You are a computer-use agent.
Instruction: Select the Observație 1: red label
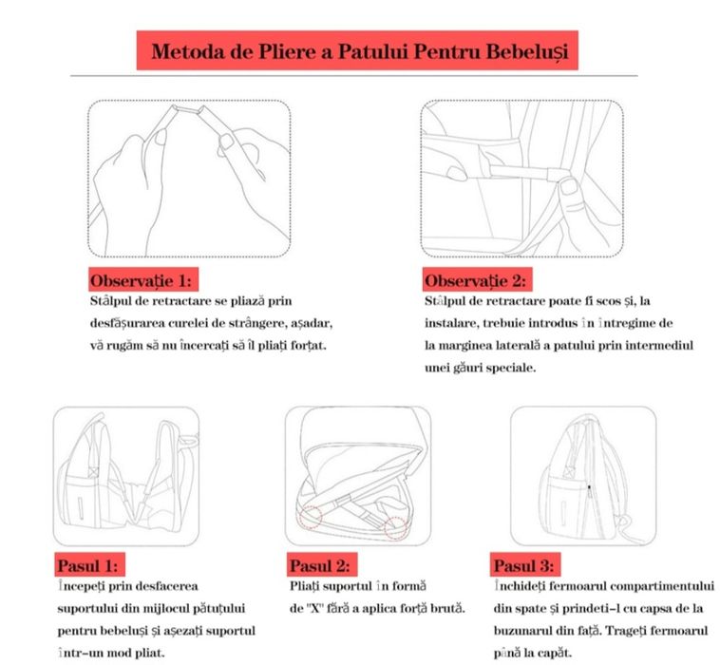click(x=141, y=281)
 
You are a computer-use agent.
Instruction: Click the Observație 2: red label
click(x=474, y=281)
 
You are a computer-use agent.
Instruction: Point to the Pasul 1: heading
click(x=87, y=564)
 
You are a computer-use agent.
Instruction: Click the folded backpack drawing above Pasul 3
click(x=579, y=475)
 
